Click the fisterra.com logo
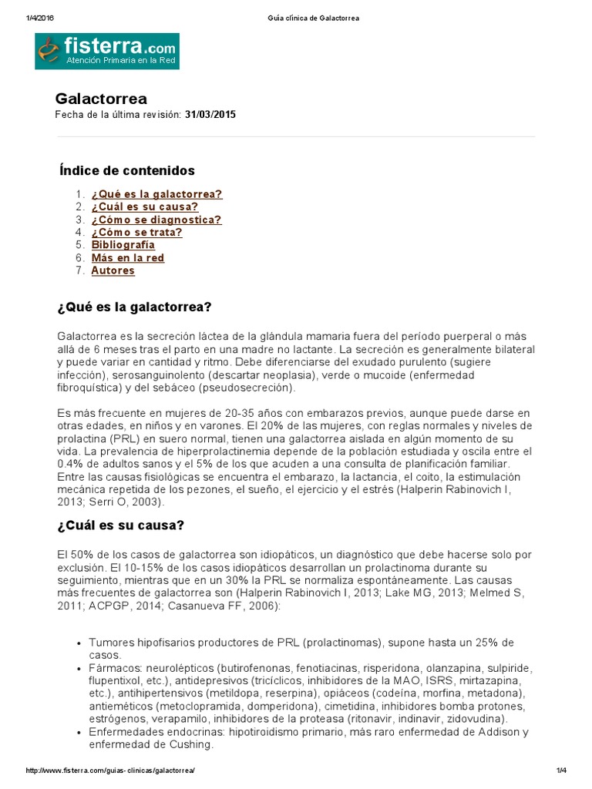[x=107, y=51]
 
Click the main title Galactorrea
[x=101, y=99]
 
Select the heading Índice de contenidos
[x=127, y=170]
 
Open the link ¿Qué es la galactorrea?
[x=156, y=194]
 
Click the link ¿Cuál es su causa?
[x=144, y=206]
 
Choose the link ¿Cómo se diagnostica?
[x=156, y=220]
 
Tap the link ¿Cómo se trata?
[x=136, y=232]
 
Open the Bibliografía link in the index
[x=123, y=245]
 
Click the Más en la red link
[x=127, y=258]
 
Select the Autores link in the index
[x=113, y=270]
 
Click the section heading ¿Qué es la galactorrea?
[x=134, y=307]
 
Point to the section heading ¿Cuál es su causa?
[x=120, y=525]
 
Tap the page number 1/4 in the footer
[x=560, y=771]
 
